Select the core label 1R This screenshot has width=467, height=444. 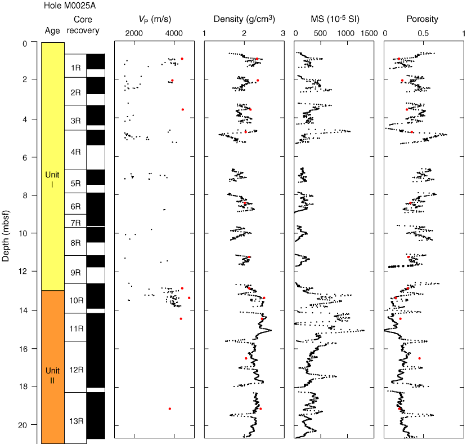point(75,68)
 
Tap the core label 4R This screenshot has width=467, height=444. point(75,152)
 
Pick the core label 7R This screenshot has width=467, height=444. point(75,223)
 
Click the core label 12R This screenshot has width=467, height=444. point(75,370)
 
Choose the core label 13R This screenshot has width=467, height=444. point(75,421)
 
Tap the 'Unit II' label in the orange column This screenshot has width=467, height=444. point(52,375)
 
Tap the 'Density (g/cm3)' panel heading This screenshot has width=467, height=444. point(244,19)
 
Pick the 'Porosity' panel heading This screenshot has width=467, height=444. point(422,19)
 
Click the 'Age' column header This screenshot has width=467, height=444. point(52,30)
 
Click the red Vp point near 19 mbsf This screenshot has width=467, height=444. point(169,409)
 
